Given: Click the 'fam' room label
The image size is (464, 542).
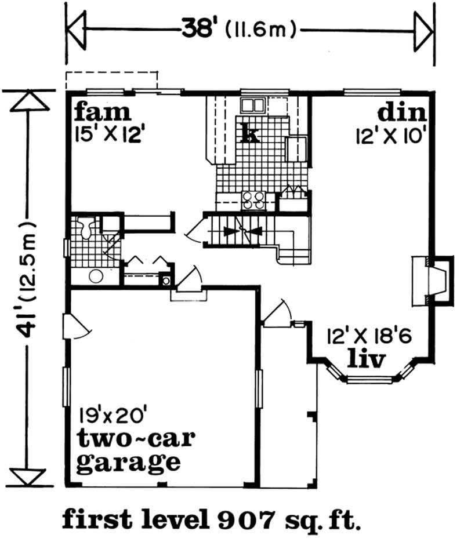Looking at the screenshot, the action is pyautogui.click(x=103, y=112).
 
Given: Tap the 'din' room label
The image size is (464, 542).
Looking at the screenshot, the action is pyautogui.click(x=402, y=113).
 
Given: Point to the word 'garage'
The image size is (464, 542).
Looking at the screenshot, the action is pyautogui.click(x=128, y=463).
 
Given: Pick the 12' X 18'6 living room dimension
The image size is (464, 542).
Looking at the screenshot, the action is pyautogui.click(x=369, y=336).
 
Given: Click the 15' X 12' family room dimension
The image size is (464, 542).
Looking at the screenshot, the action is pyautogui.click(x=109, y=135).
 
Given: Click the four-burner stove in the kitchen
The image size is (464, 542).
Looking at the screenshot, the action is pyautogui.click(x=254, y=200).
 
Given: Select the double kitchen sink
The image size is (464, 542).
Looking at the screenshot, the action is pyautogui.click(x=253, y=105).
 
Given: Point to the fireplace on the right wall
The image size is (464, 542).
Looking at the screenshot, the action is pyautogui.click(x=432, y=281).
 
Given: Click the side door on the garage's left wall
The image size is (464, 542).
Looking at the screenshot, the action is pyautogui.click(x=76, y=327).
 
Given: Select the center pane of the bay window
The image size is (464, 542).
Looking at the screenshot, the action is pyautogui.click(x=369, y=381).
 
